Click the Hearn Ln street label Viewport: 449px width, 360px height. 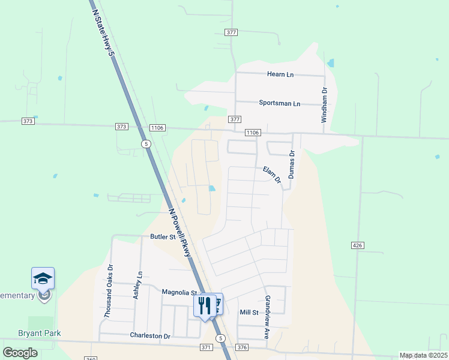click(280, 74)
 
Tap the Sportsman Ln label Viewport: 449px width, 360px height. click(279, 103)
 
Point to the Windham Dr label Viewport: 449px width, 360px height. click(324, 106)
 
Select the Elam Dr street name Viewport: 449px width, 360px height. click(272, 175)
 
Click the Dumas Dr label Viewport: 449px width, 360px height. click(292, 164)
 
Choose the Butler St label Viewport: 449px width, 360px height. click(163, 237)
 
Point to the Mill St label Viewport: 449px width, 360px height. click(249, 313)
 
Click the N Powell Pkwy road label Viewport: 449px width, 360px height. click(181, 233)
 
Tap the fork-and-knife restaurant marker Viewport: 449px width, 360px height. click(205, 305)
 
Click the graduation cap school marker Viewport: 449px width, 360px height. click(43, 278)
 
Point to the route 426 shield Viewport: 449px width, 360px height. click(358, 245)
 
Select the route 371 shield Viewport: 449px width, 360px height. click(206, 347)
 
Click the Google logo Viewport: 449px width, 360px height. click(20, 352)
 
